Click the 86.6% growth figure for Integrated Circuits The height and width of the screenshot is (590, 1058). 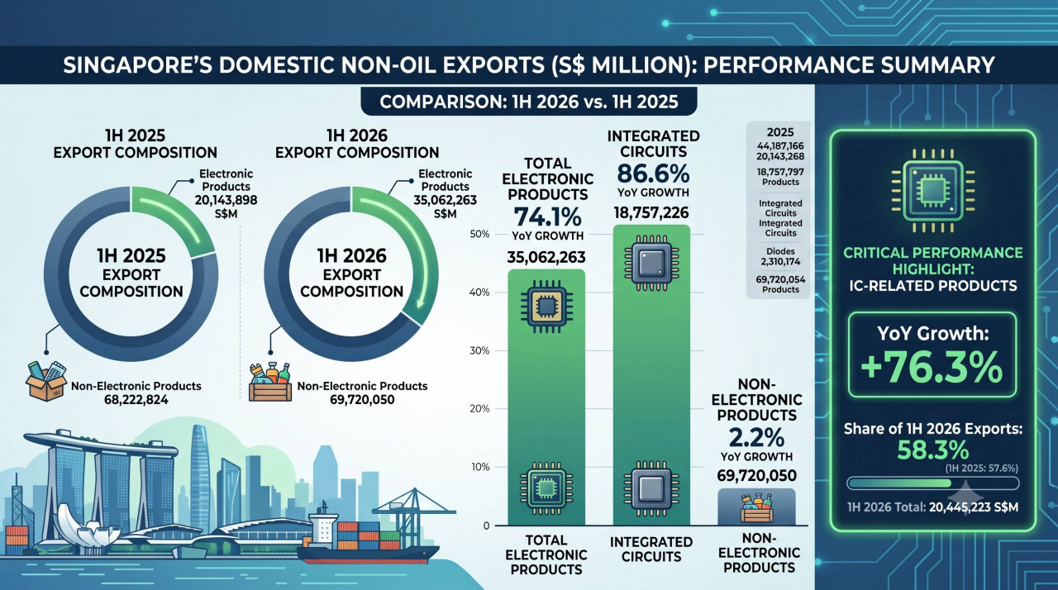pos(653,174)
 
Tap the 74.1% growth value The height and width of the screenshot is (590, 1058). pos(547,217)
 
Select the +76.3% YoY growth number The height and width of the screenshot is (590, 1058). pos(932,367)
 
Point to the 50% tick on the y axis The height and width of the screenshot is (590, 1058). pos(480,234)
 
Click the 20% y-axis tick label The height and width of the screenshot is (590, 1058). pos(480,409)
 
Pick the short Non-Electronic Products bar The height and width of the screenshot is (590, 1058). pos(756,507)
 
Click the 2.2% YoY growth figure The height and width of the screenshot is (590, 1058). pos(756,438)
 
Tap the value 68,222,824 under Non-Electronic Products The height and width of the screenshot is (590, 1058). pos(136,400)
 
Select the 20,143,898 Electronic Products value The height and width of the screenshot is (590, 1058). pos(226,200)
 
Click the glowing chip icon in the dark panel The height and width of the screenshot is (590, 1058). pos(932,191)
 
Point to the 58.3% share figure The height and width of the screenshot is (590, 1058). pos(933,450)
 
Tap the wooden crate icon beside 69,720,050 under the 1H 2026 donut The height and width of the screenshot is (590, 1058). pos(270,383)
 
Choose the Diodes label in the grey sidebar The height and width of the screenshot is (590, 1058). pos(780,251)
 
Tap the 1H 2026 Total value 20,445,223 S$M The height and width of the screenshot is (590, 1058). pos(974,507)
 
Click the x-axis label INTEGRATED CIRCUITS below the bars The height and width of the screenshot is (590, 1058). pos(651,550)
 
